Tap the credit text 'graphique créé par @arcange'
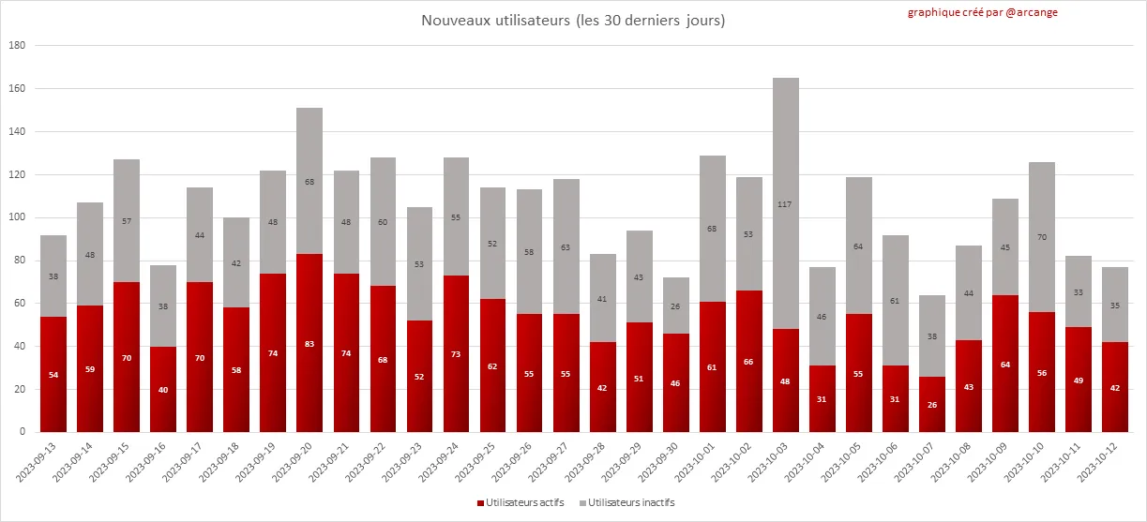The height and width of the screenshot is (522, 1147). click(x=982, y=13)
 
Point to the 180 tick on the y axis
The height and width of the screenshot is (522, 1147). click(x=17, y=46)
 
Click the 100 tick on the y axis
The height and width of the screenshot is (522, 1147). click(x=17, y=217)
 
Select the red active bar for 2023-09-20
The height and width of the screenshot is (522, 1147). click(x=309, y=343)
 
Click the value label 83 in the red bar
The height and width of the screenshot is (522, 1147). click(x=309, y=344)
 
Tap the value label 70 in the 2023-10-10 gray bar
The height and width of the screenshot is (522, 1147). click(x=1043, y=237)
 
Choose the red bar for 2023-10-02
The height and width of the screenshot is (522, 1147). click(x=749, y=361)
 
